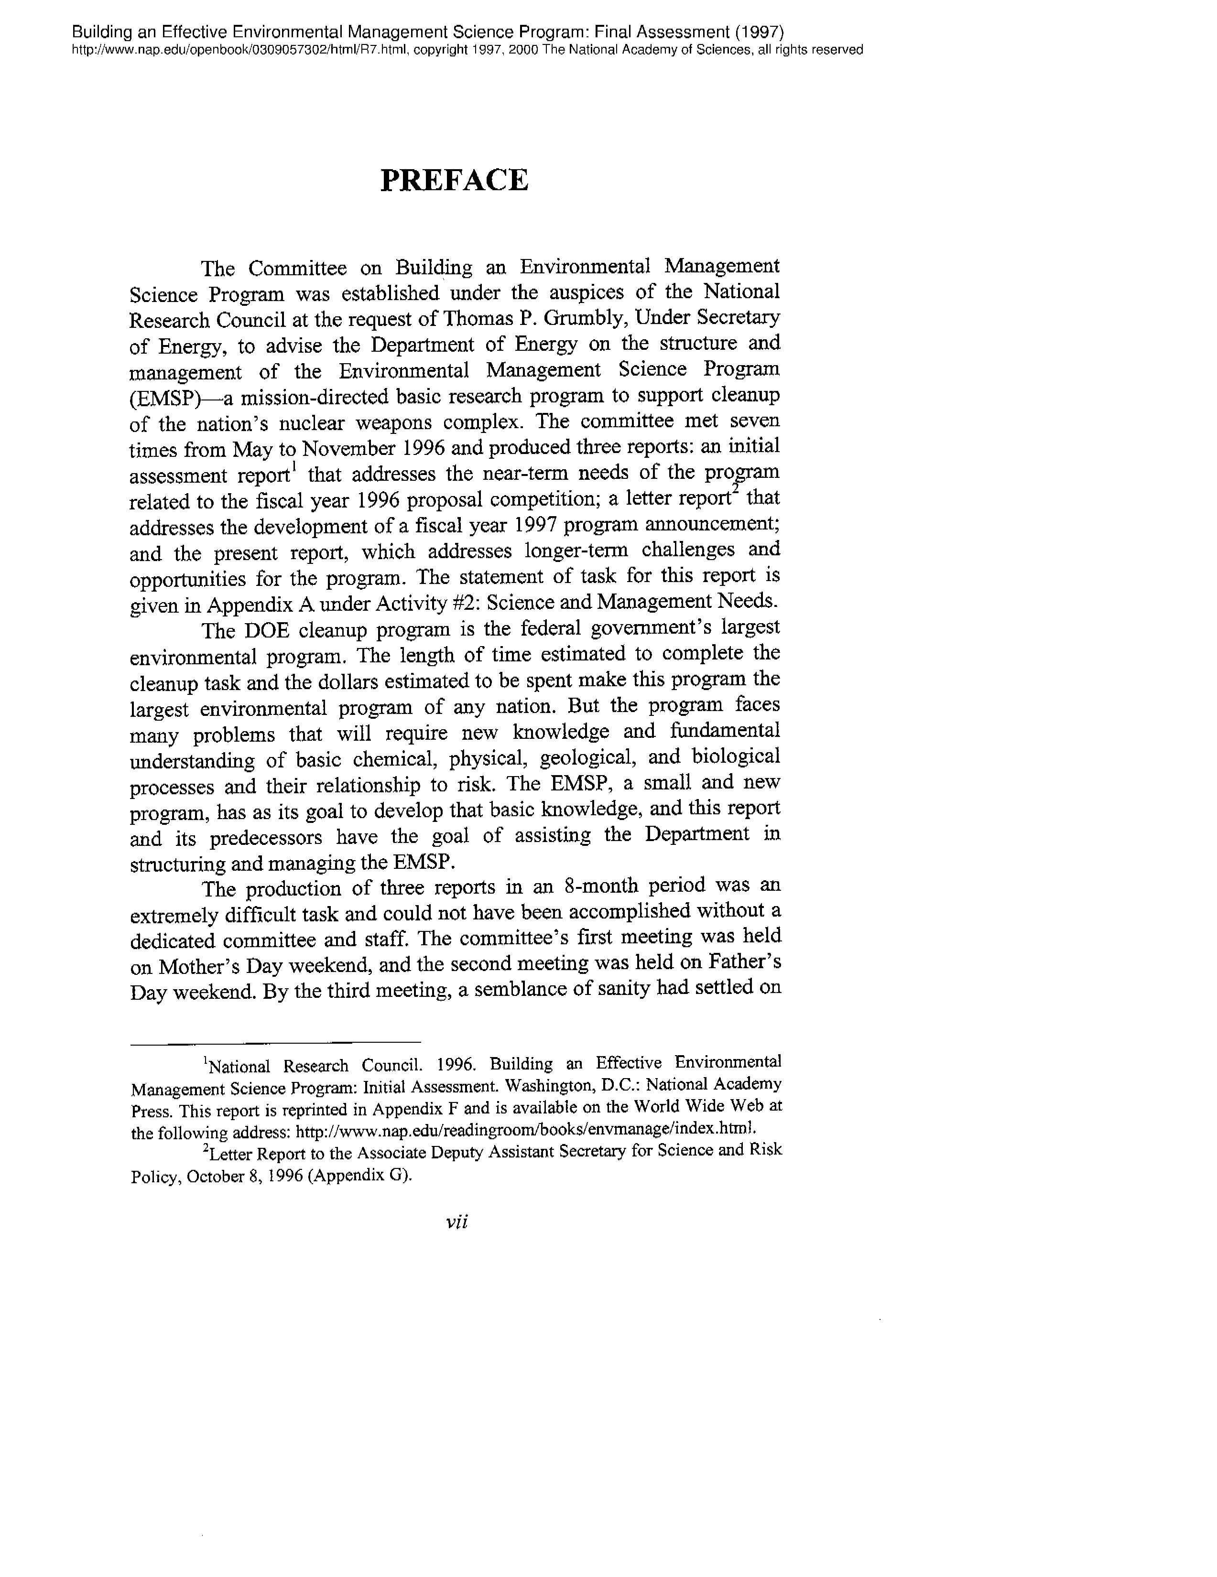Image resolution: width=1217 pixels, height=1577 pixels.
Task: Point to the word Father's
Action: (x=745, y=962)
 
